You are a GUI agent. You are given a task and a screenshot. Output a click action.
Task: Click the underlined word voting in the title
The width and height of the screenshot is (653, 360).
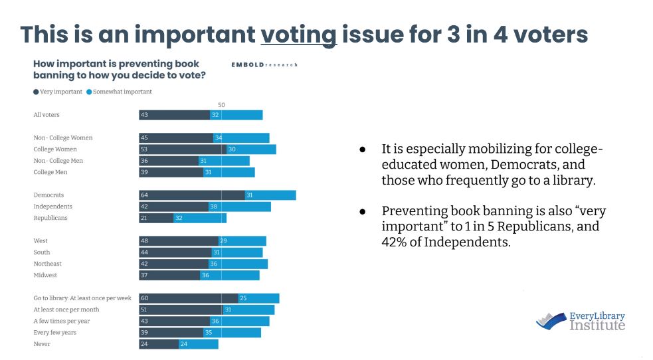pos(299,34)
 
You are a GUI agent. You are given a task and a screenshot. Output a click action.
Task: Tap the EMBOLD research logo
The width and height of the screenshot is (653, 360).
pos(264,64)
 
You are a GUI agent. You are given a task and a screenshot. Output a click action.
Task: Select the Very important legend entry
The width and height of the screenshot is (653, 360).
pos(57,92)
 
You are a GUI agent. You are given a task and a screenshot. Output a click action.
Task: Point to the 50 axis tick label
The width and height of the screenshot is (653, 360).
pos(221,105)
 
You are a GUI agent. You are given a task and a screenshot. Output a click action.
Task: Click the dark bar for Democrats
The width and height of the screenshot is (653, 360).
pos(191,195)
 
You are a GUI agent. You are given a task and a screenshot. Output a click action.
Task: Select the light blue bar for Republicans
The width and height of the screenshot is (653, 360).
pos(199,218)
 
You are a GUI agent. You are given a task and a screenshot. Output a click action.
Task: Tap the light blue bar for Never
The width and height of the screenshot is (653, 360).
pos(198,344)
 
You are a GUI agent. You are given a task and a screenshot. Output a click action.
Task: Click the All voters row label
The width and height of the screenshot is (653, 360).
pos(47,115)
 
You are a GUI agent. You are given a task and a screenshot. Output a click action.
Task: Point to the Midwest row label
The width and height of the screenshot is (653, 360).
pos(45,275)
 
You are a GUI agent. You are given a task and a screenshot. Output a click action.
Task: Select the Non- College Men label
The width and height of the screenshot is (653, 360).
pos(58,161)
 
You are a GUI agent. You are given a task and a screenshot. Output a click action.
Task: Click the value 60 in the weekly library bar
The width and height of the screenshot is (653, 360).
pos(144,298)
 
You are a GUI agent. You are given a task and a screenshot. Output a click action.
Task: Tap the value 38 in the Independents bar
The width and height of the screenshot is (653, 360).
pos(215,207)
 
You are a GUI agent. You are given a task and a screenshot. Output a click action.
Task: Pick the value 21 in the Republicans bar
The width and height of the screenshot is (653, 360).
pos(144,218)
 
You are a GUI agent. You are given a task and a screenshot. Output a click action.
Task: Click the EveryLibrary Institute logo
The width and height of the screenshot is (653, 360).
pos(581,321)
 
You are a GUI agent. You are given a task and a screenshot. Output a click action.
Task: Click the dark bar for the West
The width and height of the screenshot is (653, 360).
pos(178,240)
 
